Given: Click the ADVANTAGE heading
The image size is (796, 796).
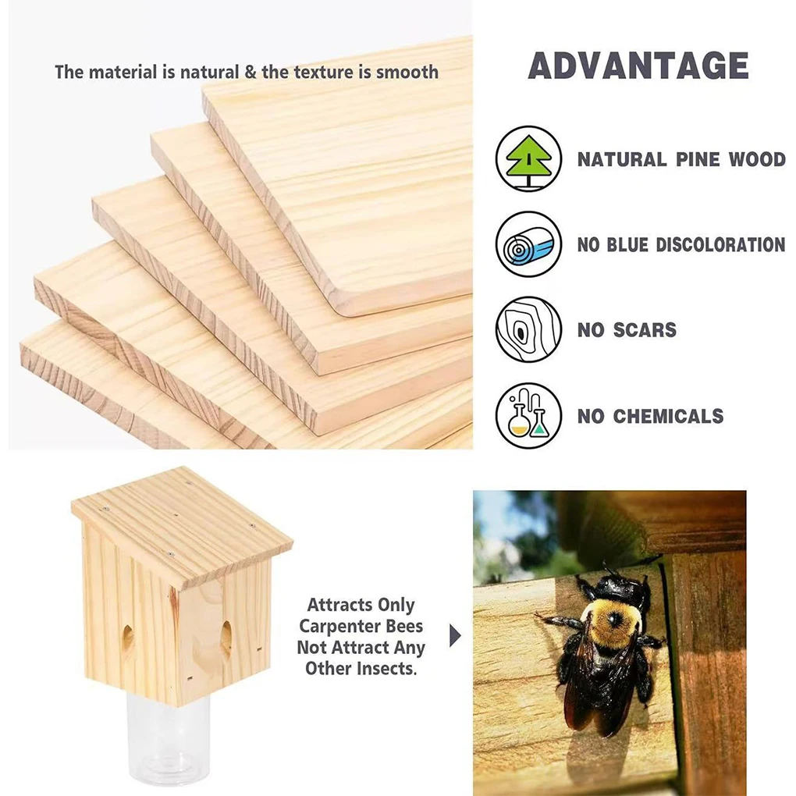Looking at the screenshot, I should click(638, 66).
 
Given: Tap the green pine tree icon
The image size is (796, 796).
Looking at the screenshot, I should click(528, 158).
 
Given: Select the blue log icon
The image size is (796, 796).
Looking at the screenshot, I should click(528, 243).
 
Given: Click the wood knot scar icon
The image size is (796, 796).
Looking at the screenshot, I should click(528, 329).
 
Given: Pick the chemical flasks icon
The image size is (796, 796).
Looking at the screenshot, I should click(528, 415).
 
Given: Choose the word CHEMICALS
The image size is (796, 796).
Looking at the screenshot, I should click(668, 416).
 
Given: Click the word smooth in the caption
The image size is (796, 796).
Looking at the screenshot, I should click(407, 73).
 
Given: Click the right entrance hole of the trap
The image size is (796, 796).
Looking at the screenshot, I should click(226, 637).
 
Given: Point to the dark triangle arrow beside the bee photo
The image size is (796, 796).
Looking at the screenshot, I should click(455, 637).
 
